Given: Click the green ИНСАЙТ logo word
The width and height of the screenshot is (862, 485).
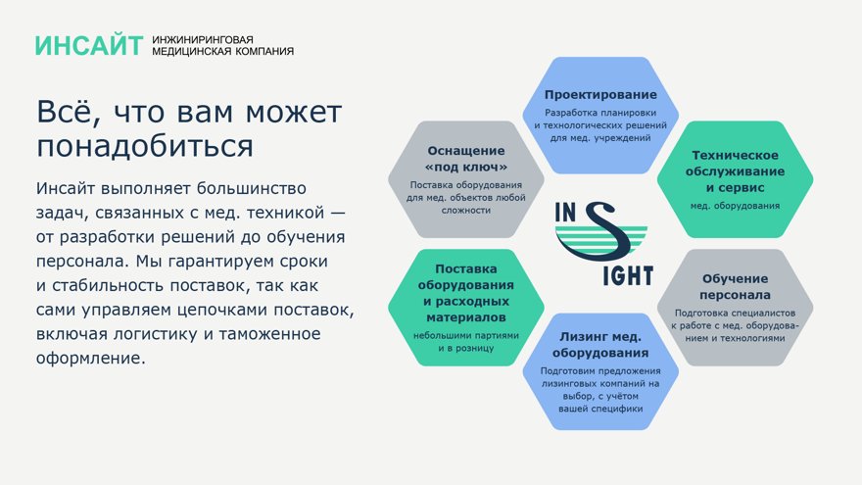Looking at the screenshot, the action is [89, 46].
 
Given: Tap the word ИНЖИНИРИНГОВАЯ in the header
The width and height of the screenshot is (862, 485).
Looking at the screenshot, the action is [203, 40].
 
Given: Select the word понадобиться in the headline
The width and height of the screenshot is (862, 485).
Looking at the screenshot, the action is [145, 146].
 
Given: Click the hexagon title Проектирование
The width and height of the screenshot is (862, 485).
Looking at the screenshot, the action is [600, 95].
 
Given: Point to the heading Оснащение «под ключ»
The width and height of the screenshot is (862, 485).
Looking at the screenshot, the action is [466, 159].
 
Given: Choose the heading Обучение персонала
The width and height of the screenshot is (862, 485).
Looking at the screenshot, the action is [735, 286].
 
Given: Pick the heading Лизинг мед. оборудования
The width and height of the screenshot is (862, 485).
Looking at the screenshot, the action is [600, 345].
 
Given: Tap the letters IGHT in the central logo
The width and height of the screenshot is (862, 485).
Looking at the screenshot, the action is [628, 276].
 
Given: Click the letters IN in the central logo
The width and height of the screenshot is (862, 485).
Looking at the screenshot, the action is [565, 213].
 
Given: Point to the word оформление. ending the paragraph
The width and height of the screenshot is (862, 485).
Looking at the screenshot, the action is [91, 359].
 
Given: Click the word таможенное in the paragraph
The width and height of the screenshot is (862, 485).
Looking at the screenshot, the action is [270, 334].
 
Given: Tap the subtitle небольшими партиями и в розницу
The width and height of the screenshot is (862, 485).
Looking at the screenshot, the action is [466, 342].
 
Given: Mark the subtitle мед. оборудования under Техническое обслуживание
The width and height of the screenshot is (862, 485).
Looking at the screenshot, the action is [735, 206].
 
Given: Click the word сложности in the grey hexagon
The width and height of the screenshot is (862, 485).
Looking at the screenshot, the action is [466, 210].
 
